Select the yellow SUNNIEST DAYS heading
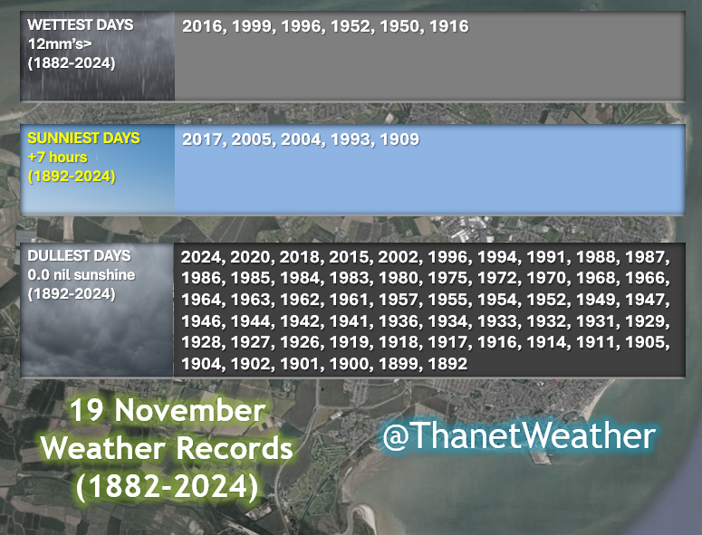tap(83, 139)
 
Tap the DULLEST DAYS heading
tap(79, 255)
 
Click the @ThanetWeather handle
tap(518, 436)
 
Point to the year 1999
tap(252, 26)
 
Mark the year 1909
tap(399, 139)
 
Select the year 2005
tap(252, 139)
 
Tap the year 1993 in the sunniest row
tap(351, 139)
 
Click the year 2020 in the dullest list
tap(250, 258)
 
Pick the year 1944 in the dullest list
tap(250, 321)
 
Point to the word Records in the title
tap(234, 448)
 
